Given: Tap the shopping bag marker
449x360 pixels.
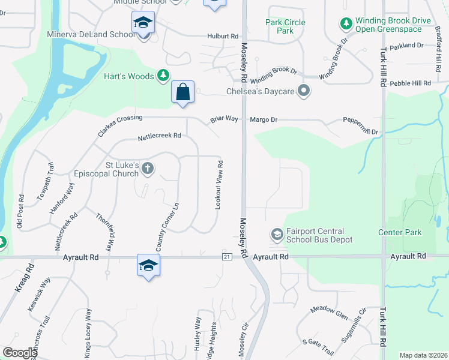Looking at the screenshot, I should (x=183, y=92).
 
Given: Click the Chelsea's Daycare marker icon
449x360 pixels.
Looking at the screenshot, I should (x=304, y=91).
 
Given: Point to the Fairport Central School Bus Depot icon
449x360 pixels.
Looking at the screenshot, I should (x=277, y=233).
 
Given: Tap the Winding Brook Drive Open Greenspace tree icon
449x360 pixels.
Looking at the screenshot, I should (x=346, y=24).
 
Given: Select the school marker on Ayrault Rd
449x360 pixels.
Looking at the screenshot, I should (x=148, y=265).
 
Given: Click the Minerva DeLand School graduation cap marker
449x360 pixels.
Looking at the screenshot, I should (x=143, y=23).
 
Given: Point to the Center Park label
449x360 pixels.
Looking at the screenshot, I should (x=400, y=232).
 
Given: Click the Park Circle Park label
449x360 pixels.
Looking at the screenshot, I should (x=285, y=26).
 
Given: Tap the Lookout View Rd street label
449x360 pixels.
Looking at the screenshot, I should (x=220, y=185).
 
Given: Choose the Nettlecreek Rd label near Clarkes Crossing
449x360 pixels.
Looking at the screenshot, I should (x=159, y=136).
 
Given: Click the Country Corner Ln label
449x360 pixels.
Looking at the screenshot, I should (x=167, y=227).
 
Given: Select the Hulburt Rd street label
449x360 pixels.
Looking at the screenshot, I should (x=223, y=36).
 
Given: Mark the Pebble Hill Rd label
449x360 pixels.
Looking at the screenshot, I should (x=411, y=83).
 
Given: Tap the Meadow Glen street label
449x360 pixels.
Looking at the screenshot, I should (x=329, y=312).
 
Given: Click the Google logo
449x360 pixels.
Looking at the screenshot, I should (x=19, y=353).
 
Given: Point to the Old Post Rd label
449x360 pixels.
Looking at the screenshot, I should (x=20, y=212).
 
